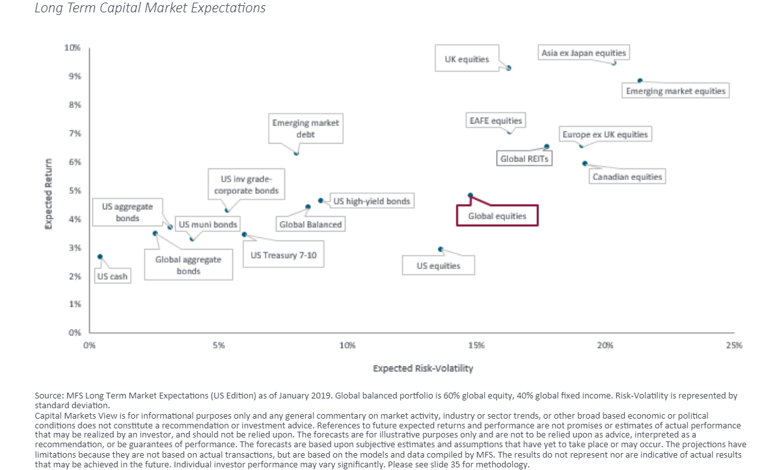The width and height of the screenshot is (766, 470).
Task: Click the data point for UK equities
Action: [509, 68]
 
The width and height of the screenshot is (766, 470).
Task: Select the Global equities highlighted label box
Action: [497, 216]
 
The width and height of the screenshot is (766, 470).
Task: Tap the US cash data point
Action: [100, 257]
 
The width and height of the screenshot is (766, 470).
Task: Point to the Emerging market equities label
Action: [675, 91]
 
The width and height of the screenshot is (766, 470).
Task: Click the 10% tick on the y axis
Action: [72, 47]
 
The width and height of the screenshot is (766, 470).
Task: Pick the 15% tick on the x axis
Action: [476, 345]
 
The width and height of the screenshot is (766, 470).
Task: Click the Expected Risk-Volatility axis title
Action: [422, 369]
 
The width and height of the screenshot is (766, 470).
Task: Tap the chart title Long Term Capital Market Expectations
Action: [150, 8]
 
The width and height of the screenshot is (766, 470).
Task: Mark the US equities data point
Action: [441, 249]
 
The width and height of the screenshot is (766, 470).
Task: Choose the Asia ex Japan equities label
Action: [583, 53]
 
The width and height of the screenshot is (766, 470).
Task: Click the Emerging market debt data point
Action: [296, 153]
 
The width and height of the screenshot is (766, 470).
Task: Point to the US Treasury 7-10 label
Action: [283, 255]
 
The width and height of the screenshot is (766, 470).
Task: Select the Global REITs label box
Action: [524, 158]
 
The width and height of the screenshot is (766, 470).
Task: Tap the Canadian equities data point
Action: [584, 163]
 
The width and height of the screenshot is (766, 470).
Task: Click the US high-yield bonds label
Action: [372, 202]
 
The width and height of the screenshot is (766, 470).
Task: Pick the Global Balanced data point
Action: [308, 207]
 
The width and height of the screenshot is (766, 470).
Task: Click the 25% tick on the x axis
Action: [733, 345]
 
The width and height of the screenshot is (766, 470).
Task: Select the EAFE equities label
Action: [495, 121]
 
